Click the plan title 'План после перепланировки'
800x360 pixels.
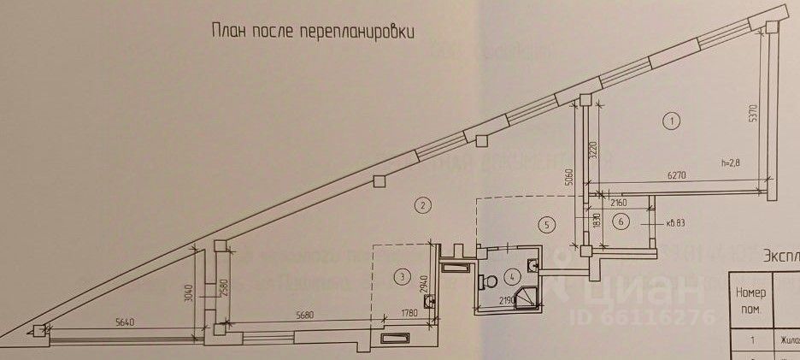click(313, 32)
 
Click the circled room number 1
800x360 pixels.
click(672, 121)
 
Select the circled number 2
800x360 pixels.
click(420, 204)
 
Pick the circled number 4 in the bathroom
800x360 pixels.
click(510, 275)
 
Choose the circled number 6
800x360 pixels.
click(621, 221)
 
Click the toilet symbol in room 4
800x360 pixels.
click(491, 280)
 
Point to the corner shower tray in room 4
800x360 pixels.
click(532, 296)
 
